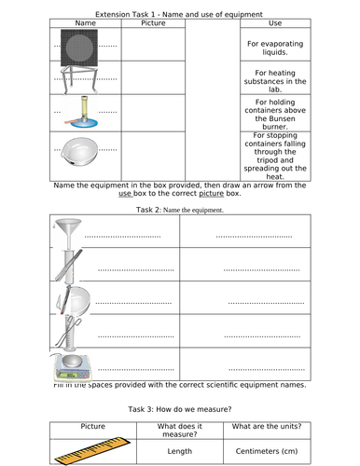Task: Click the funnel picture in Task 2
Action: pyautogui.click(x=68, y=233)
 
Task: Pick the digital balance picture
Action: pyautogui.click(x=69, y=365)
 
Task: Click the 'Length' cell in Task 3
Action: pyautogui.click(x=180, y=452)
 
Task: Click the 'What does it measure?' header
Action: pyautogui.click(x=180, y=431)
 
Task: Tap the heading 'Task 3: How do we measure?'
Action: pyautogui.click(x=179, y=408)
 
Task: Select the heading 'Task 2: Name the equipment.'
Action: pyautogui.click(x=179, y=210)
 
